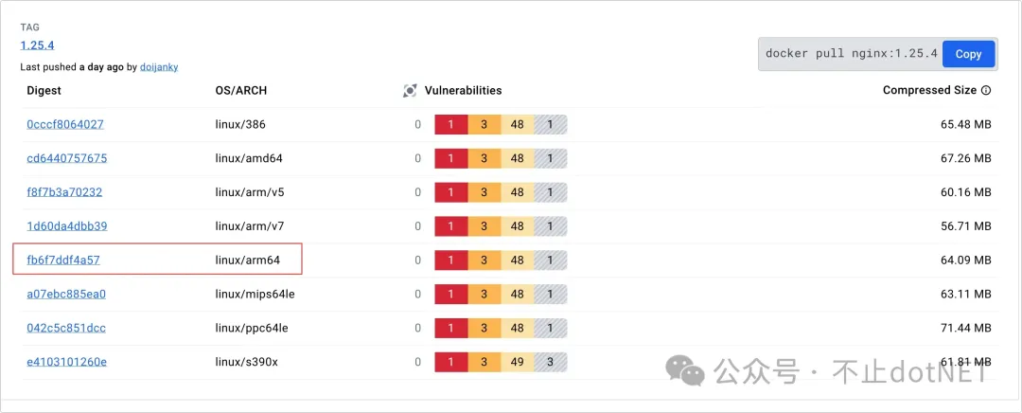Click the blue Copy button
[968, 54]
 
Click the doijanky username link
[159, 67]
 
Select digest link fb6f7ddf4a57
[63, 260]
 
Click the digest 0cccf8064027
[65, 124]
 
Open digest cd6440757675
[66, 158]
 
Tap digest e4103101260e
[66, 361]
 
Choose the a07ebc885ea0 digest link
[66, 294]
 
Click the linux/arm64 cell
[249, 260]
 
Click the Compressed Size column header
[929, 91]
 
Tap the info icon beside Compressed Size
[986, 91]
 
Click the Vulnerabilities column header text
[463, 91]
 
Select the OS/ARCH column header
[241, 91]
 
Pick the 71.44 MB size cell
[961, 328]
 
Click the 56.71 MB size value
[961, 226]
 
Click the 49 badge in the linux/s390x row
[517, 362]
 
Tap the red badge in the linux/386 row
[451, 125]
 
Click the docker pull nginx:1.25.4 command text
[851, 54]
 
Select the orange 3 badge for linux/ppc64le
[484, 328]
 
